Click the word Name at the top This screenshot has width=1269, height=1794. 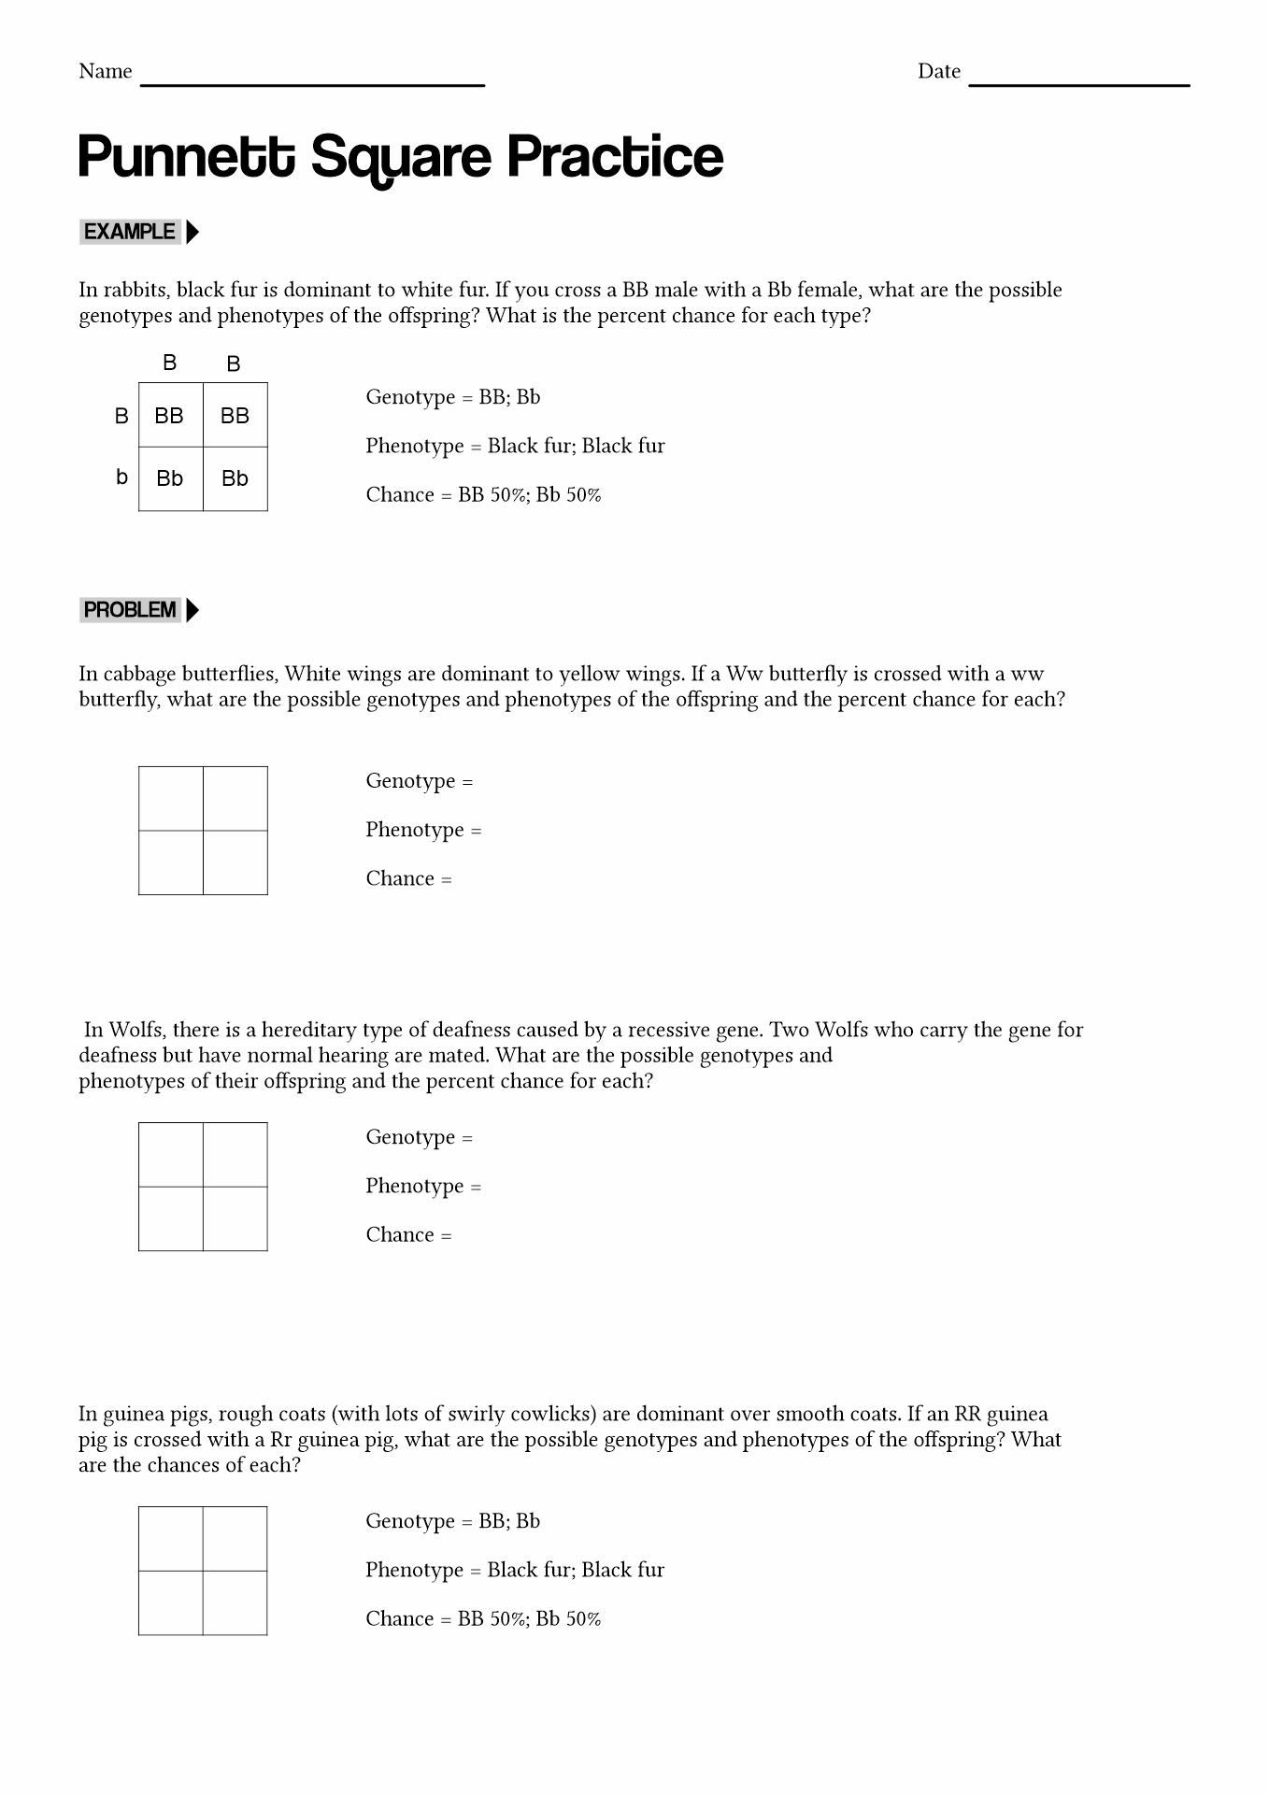[x=106, y=72]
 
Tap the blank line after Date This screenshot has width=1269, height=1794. [x=1078, y=82]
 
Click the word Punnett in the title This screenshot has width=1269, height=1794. [x=186, y=157]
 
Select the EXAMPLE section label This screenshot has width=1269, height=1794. [x=129, y=232]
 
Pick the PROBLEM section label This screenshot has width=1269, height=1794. [x=130, y=610]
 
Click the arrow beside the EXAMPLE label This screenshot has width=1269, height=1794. [x=192, y=232]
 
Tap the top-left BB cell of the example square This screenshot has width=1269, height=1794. [x=169, y=416]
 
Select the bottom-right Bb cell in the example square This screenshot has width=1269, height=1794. [x=235, y=478]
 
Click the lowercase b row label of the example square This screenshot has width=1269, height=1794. [x=121, y=477]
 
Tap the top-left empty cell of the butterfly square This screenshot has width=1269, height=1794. [x=171, y=799]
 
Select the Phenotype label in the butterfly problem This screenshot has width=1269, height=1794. [x=414, y=830]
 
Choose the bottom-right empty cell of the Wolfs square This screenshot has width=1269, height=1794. [x=235, y=1218]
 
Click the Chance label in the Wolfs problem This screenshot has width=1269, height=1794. [x=400, y=1235]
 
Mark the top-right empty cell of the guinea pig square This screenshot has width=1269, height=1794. [x=235, y=1539]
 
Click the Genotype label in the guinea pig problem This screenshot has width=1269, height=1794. [x=409, y=1521]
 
